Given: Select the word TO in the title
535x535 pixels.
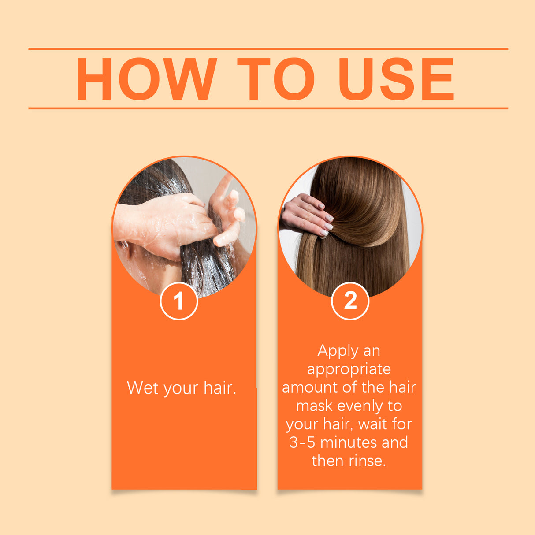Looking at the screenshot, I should (x=276, y=79).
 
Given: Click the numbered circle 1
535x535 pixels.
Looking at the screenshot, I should (x=178, y=301).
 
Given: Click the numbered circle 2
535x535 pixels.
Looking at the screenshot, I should (x=350, y=301).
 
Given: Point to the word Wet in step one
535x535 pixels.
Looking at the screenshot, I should (x=142, y=388).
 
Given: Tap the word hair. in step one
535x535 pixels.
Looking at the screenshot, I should (x=220, y=388).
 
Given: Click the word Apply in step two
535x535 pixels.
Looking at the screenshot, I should (x=338, y=351).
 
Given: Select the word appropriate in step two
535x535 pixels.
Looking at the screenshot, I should (x=349, y=369).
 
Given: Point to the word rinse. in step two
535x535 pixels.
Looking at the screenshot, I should (x=367, y=461).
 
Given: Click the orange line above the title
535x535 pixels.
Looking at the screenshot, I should (x=268, y=48).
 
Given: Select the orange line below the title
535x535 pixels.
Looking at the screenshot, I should (x=268, y=108).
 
